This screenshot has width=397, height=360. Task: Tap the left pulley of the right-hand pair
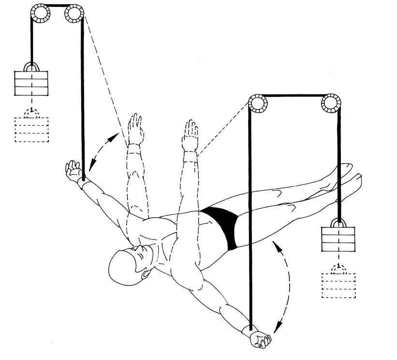tap(257, 103)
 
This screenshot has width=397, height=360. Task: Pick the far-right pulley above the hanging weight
tap(331, 103)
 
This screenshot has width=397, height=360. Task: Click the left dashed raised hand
tap(135, 128)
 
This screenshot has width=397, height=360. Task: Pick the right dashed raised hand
tap(191, 134)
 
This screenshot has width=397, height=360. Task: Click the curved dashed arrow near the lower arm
tap(285, 285)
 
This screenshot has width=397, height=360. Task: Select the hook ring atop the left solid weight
tap(32, 67)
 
